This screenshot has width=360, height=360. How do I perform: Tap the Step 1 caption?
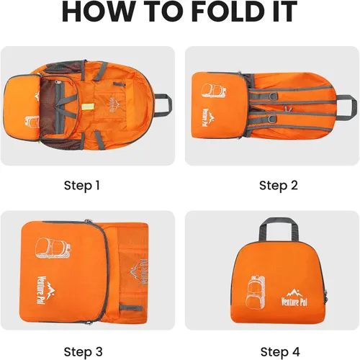82,186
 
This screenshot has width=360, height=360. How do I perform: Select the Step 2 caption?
279,186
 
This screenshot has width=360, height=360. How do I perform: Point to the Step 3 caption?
83,352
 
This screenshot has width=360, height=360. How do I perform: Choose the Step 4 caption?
280,352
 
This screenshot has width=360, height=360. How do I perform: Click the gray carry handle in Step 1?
164,105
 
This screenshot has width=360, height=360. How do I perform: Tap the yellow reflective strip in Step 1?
88,107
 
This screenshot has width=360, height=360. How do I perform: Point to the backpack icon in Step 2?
214,91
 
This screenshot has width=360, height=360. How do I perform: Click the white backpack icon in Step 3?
53,248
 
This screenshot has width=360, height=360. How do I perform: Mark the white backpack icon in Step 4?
256,292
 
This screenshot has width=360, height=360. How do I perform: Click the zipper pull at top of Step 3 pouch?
89,221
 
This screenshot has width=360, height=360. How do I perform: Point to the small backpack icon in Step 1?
32,121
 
